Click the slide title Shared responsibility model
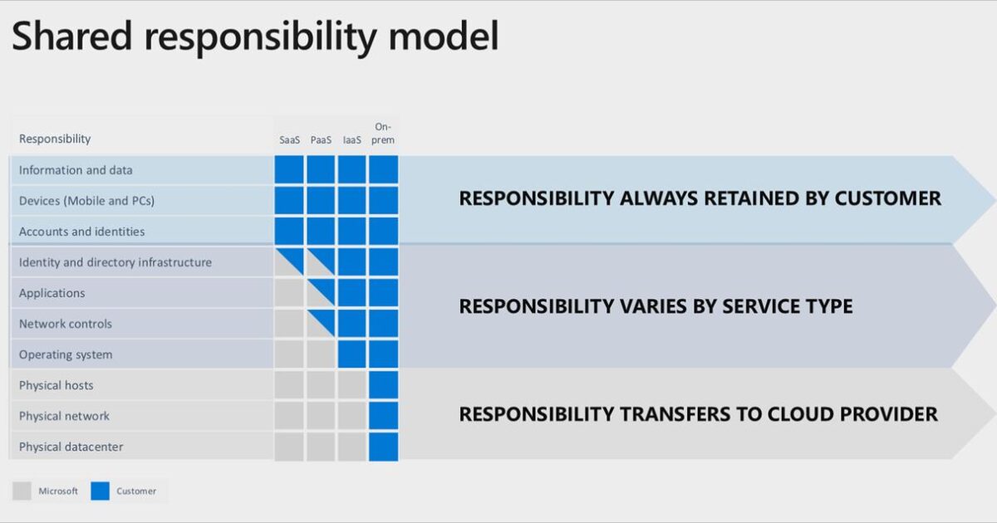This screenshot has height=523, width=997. [x=255, y=37]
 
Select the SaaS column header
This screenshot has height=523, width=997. [x=290, y=139]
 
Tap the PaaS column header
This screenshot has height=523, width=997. [x=321, y=139]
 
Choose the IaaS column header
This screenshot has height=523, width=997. [x=352, y=139]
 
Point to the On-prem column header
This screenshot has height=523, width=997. [x=384, y=134]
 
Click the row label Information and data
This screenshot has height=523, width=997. [x=76, y=170]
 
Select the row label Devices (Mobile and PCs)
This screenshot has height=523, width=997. [x=86, y=201]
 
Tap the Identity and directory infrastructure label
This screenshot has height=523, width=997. [x=115, y=262]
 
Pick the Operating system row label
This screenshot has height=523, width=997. [x=66, y=354]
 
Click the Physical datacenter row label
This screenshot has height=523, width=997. [x=71, y=447]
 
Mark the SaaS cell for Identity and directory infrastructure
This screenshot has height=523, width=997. [x=289, y=262]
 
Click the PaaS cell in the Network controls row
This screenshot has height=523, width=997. [x=321, y=324]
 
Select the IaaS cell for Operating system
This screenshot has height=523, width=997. [x=352, y=354]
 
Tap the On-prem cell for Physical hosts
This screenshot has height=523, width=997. [x=384, y=385]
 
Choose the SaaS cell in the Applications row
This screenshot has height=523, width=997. [x=289, y=293]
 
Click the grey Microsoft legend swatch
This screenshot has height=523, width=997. [x=22, y=491]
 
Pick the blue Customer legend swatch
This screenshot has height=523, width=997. [x=101, y=491]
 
